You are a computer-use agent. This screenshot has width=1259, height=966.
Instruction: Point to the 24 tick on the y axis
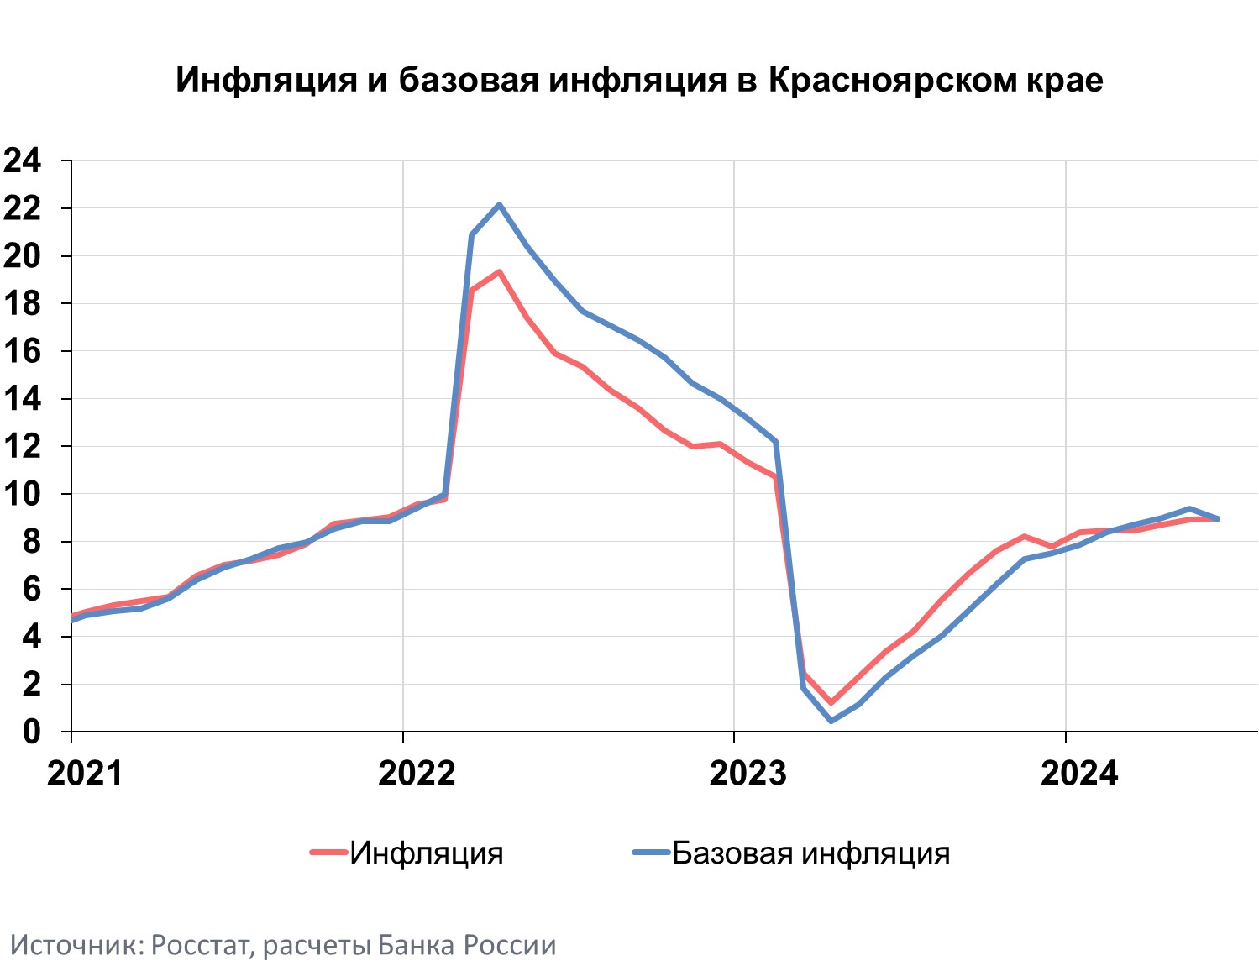click(x=23, y=160)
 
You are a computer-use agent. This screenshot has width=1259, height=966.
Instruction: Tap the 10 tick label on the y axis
click(x=23, y=494)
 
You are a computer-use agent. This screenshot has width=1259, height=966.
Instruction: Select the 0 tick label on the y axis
click(x=31, y=732)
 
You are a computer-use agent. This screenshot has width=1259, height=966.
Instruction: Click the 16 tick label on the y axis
click(x=23, y=351)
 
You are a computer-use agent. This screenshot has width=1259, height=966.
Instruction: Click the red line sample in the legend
click(x=328, y=853)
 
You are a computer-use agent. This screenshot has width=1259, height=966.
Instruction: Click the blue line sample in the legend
click(x=651, y=853)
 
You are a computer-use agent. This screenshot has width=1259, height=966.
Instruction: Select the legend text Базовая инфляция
click(x=811, y=853)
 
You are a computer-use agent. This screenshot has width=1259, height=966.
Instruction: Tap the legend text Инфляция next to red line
click(x=427, y=853)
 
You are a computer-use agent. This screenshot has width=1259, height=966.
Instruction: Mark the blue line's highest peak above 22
click(x=499, y=204)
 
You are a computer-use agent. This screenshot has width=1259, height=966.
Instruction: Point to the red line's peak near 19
click(x=499, y=272)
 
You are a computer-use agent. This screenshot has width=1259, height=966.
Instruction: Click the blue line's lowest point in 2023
click(x=831, y=721)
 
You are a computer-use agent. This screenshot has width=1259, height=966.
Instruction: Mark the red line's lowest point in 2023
click(x=831, y=702)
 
